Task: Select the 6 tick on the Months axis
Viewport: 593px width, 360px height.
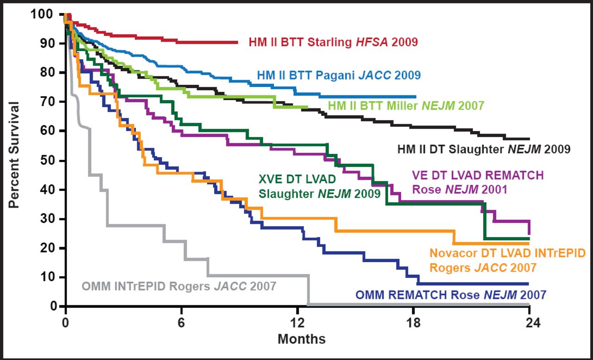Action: [182, 323]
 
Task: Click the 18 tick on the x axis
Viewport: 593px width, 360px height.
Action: [413, 323]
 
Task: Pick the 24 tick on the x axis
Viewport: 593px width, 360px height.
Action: [529, 323]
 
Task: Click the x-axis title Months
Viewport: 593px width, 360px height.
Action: [302, 339]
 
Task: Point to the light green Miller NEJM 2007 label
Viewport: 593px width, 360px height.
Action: [406, 106]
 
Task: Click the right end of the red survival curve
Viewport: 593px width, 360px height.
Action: [237, 42]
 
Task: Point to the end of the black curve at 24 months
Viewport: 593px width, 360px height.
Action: [529, 139]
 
